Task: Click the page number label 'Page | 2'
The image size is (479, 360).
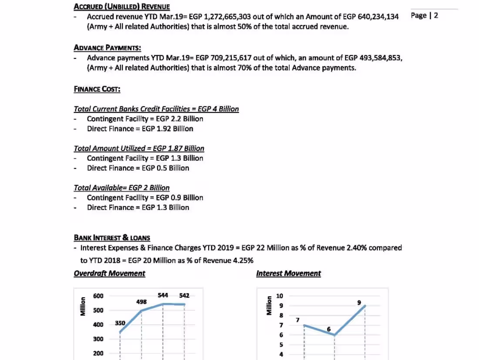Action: click(x=424, y=16)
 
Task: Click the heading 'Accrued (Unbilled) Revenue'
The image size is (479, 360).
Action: click(x=121, y=7)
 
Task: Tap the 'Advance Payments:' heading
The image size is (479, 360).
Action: click(x=107, y=48)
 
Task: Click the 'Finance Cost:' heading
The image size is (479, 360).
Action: click(x=97, y=89)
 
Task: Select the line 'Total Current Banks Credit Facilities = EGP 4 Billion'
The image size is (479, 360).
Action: click(x=156, y=109)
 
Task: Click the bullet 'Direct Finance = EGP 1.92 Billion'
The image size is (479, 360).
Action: click(x=140, y=129)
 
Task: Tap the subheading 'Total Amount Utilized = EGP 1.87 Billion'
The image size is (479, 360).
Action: click(x=139, y=148)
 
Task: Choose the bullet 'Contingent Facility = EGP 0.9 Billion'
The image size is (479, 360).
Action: click(x=145, y=197)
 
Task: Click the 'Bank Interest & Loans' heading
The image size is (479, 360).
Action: click(x=112, y=238)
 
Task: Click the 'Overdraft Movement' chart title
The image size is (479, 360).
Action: click(x=109, y=273)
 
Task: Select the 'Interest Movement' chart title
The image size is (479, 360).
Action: click(x=288, y=273)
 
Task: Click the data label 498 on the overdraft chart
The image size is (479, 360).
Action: click(x=142, y=302)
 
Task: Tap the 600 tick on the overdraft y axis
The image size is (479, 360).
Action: click(x=98, y=296)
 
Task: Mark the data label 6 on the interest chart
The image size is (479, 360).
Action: click(x=328, y=329)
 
